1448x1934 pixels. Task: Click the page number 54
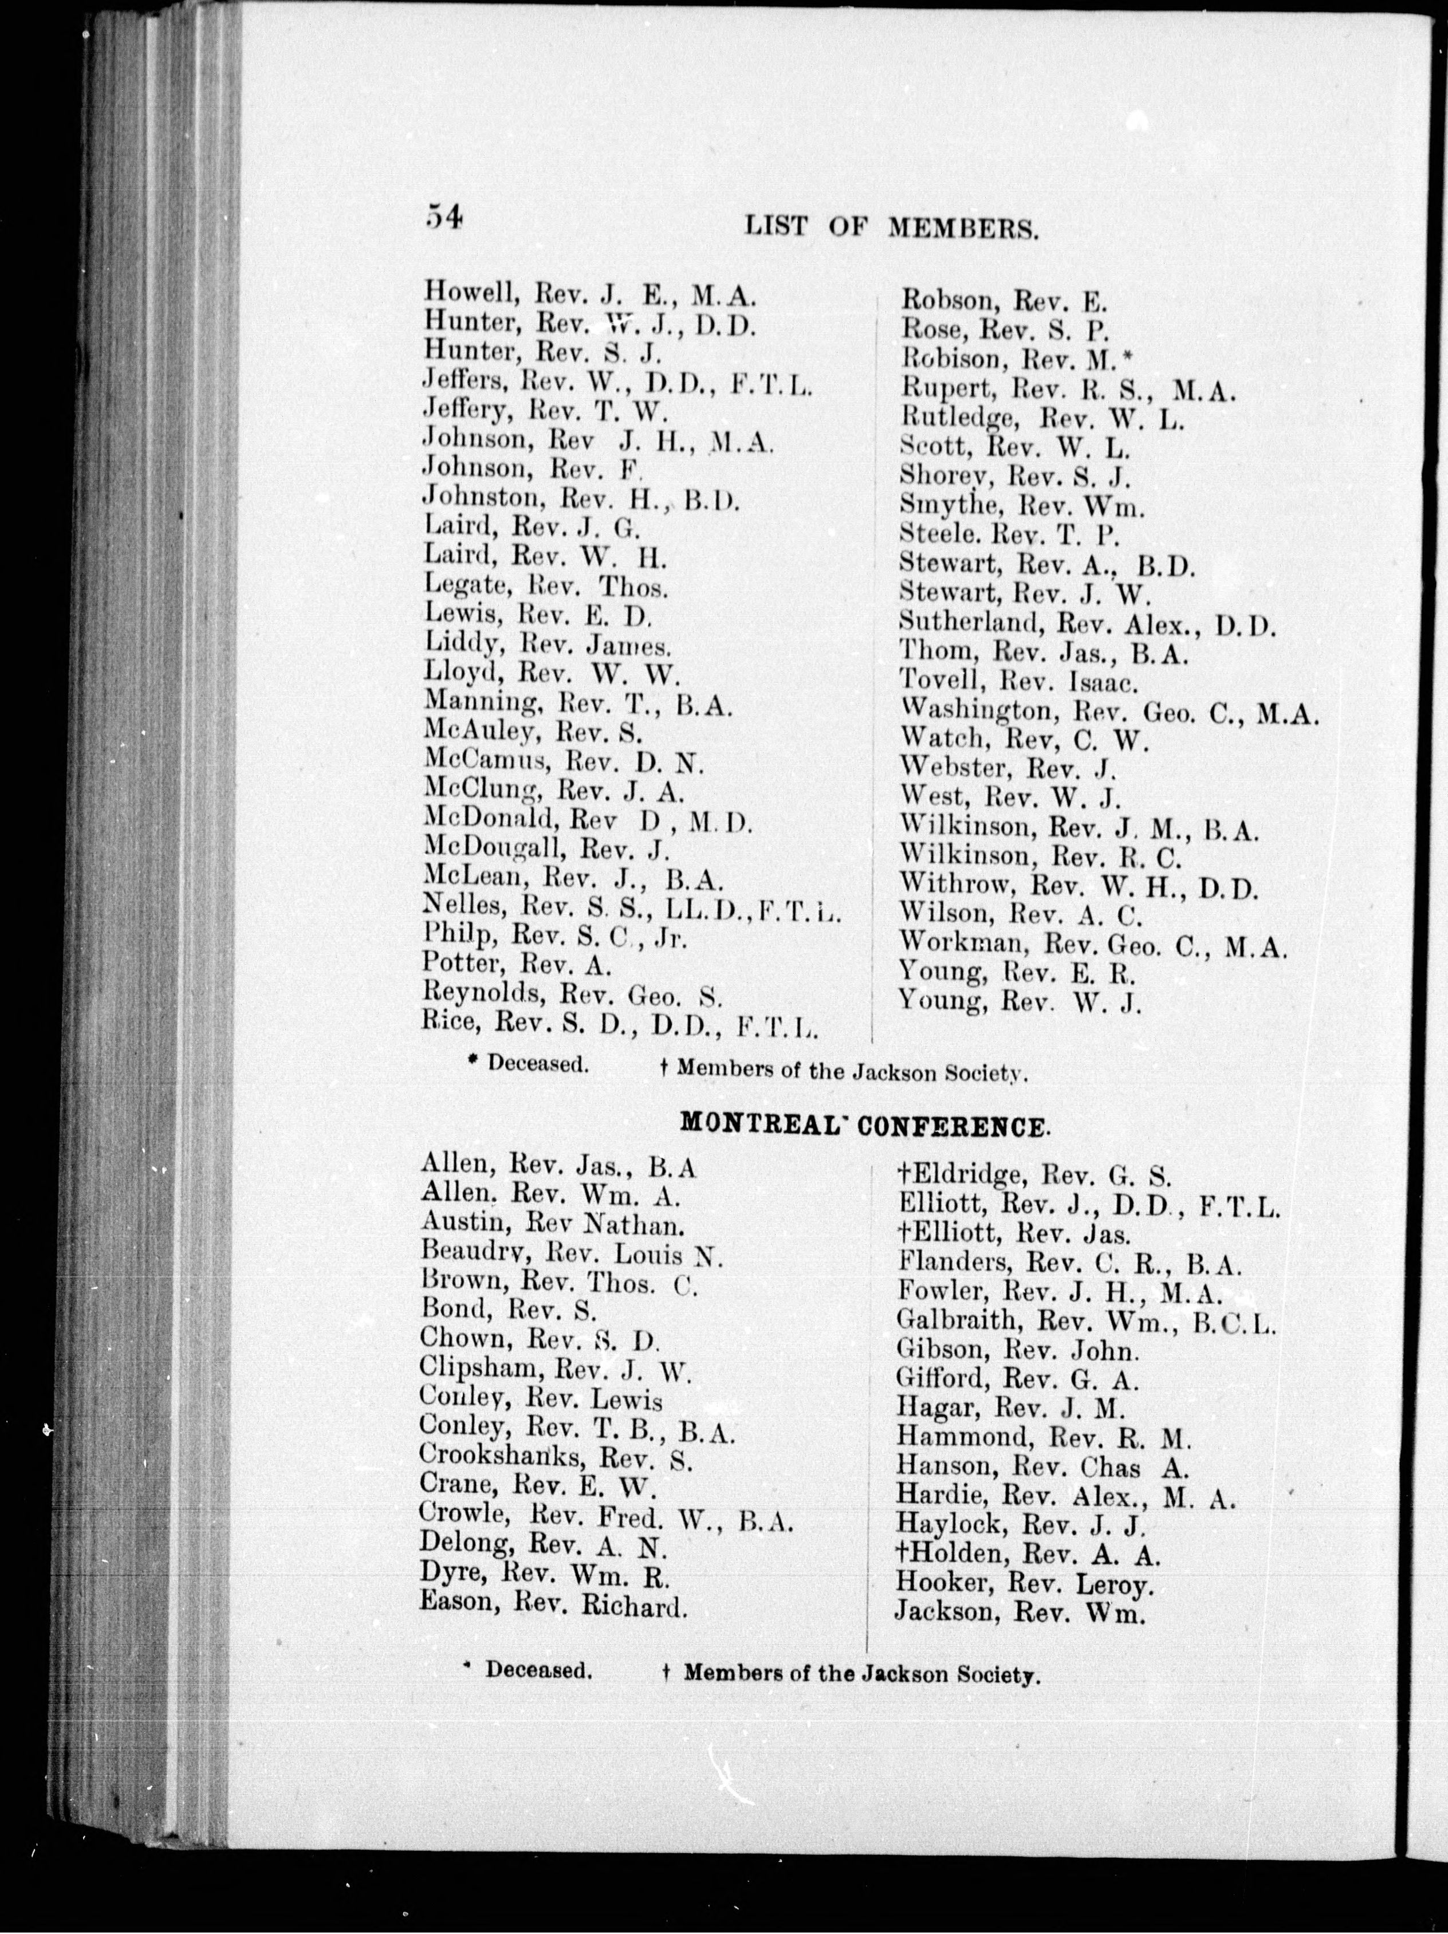point(443,217)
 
